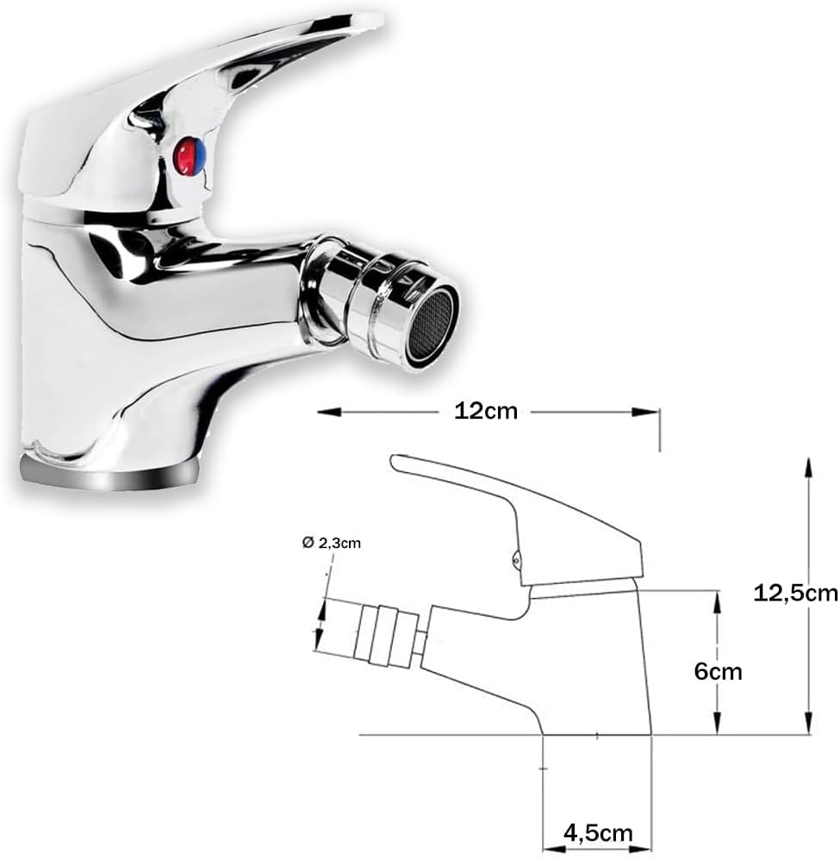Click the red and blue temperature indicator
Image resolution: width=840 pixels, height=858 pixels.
click(x=190, y=159)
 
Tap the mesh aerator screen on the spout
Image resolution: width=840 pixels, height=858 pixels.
click(x=432, y=325)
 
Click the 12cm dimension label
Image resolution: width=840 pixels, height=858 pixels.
click(x=486, y=411)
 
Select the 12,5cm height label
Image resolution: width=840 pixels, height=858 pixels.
click(x=794, y=594)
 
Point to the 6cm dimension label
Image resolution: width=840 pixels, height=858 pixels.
click(x=718, y=671)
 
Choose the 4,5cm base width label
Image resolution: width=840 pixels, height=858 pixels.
click(x=597, y=833)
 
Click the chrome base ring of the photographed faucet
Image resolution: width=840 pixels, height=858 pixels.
click(x=110, y=473)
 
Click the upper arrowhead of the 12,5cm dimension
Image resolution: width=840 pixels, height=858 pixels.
click(x=807, y=466)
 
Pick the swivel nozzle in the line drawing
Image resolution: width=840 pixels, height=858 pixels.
click(x=370, y=637)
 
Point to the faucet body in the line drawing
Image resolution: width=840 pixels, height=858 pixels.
click(x=560, y=663)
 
